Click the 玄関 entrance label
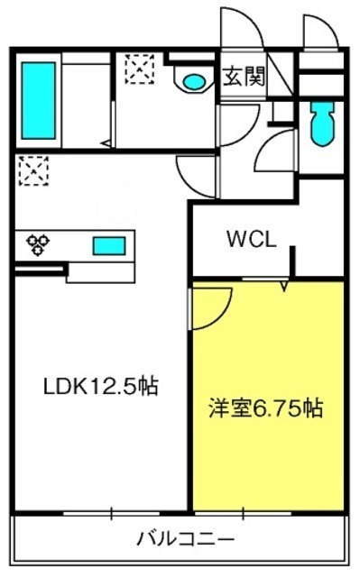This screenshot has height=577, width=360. (244, 77)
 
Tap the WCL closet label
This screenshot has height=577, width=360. (252, 240)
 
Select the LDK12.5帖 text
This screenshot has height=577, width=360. (101, 387)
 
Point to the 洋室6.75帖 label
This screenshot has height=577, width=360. (266, 408)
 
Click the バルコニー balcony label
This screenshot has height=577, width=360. (186, 539)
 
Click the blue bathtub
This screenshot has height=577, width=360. (38, 100)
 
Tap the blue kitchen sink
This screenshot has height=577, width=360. (109, 246)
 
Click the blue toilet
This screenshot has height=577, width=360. (322, 124)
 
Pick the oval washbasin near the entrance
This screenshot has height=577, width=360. (194, 81)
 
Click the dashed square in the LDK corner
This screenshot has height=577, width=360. (33, 170)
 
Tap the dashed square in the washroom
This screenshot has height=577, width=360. (139, 69)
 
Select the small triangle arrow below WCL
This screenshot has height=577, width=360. (284, 287)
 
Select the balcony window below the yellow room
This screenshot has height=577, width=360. (243, 513)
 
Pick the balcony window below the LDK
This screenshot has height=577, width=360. (111, 513)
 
